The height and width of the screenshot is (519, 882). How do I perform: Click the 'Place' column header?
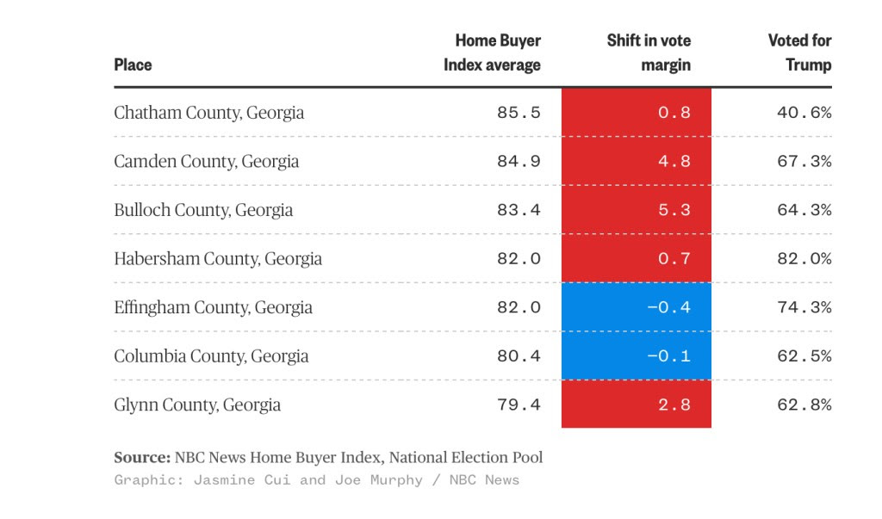coord(133,65)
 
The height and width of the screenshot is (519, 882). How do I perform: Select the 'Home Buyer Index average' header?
coord(493,53)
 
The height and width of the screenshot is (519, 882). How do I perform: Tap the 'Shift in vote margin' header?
coord(649,53)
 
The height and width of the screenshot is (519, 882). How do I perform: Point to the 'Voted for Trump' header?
coord(799,53)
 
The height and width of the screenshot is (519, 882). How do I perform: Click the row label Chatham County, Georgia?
coord(208,113)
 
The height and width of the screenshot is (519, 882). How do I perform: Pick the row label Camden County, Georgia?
coord(206,162)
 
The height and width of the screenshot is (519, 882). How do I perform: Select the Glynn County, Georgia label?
coord(197,405)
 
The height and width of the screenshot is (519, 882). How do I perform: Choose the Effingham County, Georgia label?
coord(213,307)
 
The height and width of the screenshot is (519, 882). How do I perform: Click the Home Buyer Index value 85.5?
coord(519,113)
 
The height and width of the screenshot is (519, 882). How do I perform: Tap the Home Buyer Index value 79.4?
coord(519,405)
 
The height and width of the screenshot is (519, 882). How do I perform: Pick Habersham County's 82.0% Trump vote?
coord(804,259)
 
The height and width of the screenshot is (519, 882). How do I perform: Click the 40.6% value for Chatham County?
coord(804,113)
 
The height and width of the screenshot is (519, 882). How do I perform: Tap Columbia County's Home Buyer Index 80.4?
coord(519,356)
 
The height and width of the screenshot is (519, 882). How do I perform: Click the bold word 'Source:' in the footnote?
coord(142,458)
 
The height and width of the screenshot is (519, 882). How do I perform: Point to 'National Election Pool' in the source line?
coord(466,458)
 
